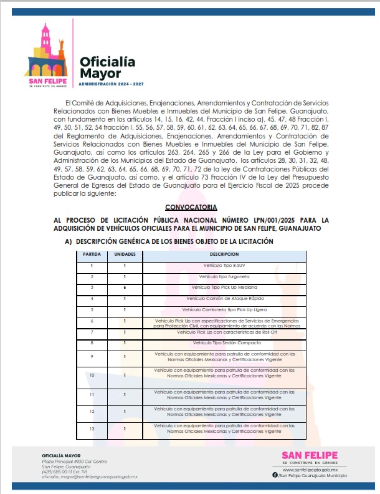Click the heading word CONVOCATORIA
coord(191,206)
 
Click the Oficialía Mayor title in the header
coord(107,67)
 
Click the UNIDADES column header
coord(125,254)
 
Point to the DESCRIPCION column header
coord(225,254)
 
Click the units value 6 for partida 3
coord(125,288)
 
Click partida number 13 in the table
coord(92,429)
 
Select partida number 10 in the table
coord(92,375)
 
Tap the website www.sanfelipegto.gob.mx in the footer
coord(315,470)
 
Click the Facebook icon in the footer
coord(275,476)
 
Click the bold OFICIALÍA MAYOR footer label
coord(61,455)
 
